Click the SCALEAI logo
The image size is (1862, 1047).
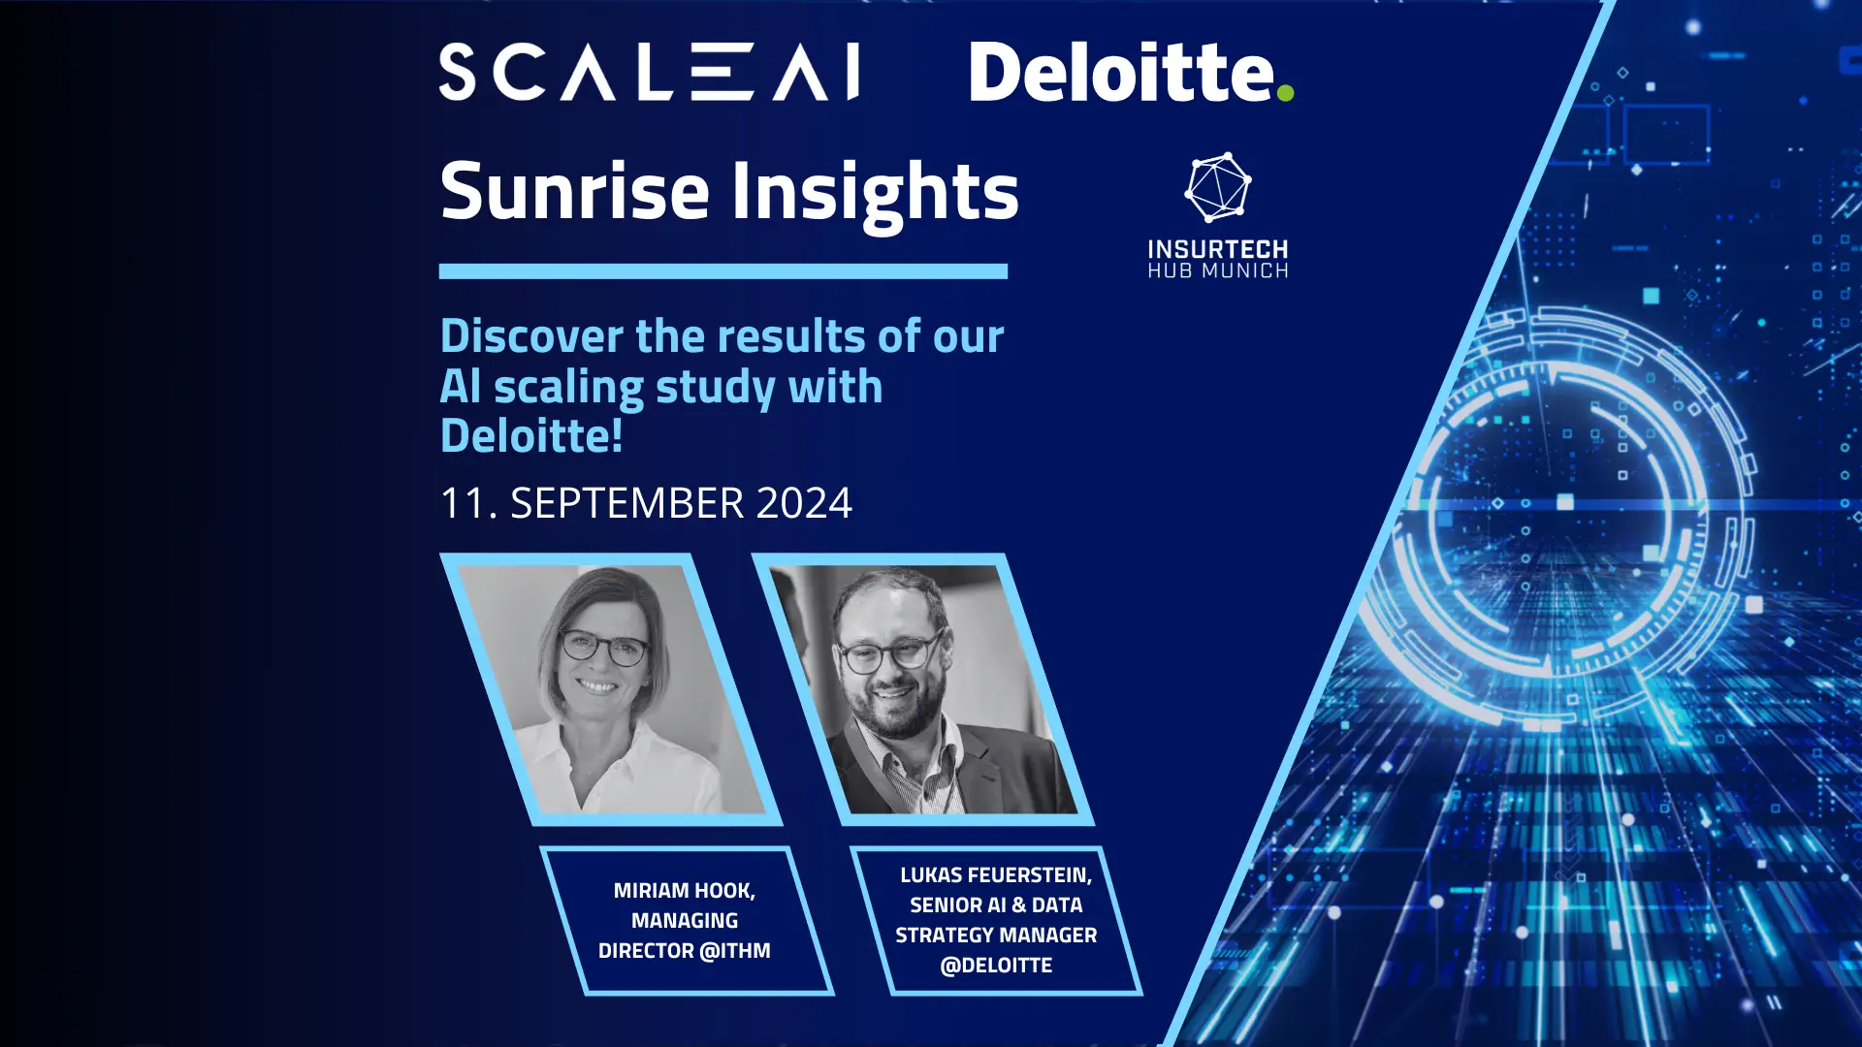[649, 72]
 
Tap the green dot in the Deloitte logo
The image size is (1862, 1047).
[1285, 93]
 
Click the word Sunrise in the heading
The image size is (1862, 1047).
[574, 191]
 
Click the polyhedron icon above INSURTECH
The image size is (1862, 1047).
[1218, 187]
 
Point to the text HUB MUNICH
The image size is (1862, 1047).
[1218, 271]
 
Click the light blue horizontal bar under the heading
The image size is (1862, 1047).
[722, 271]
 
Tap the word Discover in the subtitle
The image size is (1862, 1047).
[531, 336]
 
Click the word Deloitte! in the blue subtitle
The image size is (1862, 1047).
[531, 435]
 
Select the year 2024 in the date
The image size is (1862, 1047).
[803, 503]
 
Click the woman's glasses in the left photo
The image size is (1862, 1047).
[603, 647]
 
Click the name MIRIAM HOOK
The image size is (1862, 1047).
[684, 890]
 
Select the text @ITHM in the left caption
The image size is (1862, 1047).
[734, 951]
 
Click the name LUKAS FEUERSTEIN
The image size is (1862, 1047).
[995, 875]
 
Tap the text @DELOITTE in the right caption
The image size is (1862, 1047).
[996, 966]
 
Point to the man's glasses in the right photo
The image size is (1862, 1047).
[889, 653]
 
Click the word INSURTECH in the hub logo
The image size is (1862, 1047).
[1218, 250]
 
